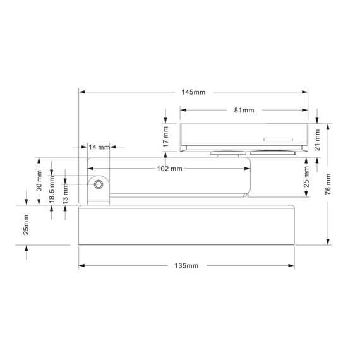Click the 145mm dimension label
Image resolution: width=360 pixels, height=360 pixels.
pos(193,92)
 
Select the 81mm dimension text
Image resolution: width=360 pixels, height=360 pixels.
pos(244,110)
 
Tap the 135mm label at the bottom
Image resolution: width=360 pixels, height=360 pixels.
pos(186,266)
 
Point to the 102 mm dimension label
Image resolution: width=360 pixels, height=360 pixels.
pos(169,169)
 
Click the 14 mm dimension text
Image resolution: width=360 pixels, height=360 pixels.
pos(99,147)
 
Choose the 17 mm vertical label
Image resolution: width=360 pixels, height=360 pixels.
pos(165,137)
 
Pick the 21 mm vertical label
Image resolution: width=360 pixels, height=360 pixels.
pos(317,140)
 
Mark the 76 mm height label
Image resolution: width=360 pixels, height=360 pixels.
pos(328,184)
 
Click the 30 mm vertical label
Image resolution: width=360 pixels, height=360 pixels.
pos(39,181)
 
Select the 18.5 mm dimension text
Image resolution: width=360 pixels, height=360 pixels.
pos(52,189)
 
